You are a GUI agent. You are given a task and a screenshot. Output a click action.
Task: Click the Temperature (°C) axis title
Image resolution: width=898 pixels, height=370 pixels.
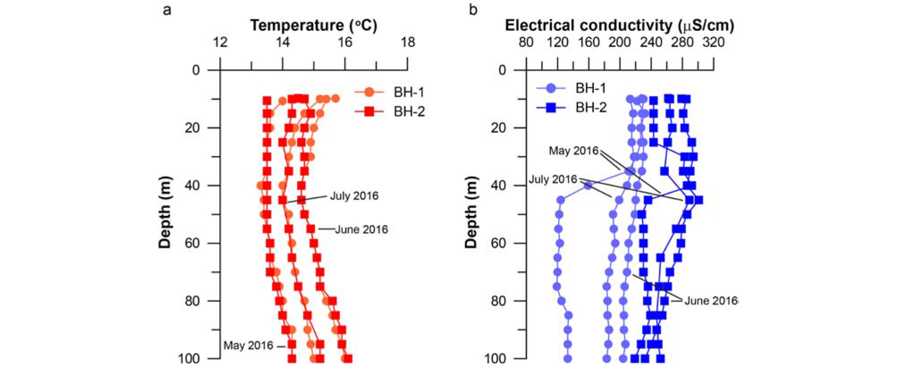pos(313,25)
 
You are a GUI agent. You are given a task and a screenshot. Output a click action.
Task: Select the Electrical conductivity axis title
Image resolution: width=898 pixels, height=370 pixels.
pos(619,25)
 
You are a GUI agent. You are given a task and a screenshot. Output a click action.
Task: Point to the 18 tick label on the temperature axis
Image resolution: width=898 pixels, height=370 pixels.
pos(407,43)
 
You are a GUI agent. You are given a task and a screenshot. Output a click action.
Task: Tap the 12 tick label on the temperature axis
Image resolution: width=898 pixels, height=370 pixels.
pos(220,43)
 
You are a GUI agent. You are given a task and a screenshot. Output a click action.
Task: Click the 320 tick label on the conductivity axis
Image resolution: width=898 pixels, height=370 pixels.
pos(713,43)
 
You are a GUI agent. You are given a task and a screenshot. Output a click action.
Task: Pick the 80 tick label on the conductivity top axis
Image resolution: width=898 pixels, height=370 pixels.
pos(526,43)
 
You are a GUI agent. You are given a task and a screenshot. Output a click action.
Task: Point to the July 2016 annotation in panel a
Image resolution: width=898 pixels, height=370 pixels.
pos(354,196)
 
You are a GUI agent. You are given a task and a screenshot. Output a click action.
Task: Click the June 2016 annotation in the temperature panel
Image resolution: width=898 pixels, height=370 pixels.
pos(361,230)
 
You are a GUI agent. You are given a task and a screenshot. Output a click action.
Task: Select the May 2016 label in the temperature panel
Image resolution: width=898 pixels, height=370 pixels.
pos(248,345)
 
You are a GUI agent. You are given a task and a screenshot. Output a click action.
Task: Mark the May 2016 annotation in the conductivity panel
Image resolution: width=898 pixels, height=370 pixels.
pos(573,151)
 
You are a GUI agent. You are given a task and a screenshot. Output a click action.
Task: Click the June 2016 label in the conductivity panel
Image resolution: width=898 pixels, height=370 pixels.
pos(711,301)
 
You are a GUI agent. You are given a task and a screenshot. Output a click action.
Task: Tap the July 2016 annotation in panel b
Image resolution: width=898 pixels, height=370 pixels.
pos(553,179)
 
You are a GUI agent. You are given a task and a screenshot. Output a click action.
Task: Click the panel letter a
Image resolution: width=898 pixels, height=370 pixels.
pos(167,9)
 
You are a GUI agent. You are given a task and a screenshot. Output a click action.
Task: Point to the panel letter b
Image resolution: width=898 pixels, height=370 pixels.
pos(473,9)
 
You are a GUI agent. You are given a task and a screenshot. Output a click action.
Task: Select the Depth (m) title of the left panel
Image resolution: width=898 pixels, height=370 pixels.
pos(165,212)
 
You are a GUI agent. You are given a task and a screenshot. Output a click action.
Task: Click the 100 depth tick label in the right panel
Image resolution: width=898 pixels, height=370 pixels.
pos(496,358)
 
